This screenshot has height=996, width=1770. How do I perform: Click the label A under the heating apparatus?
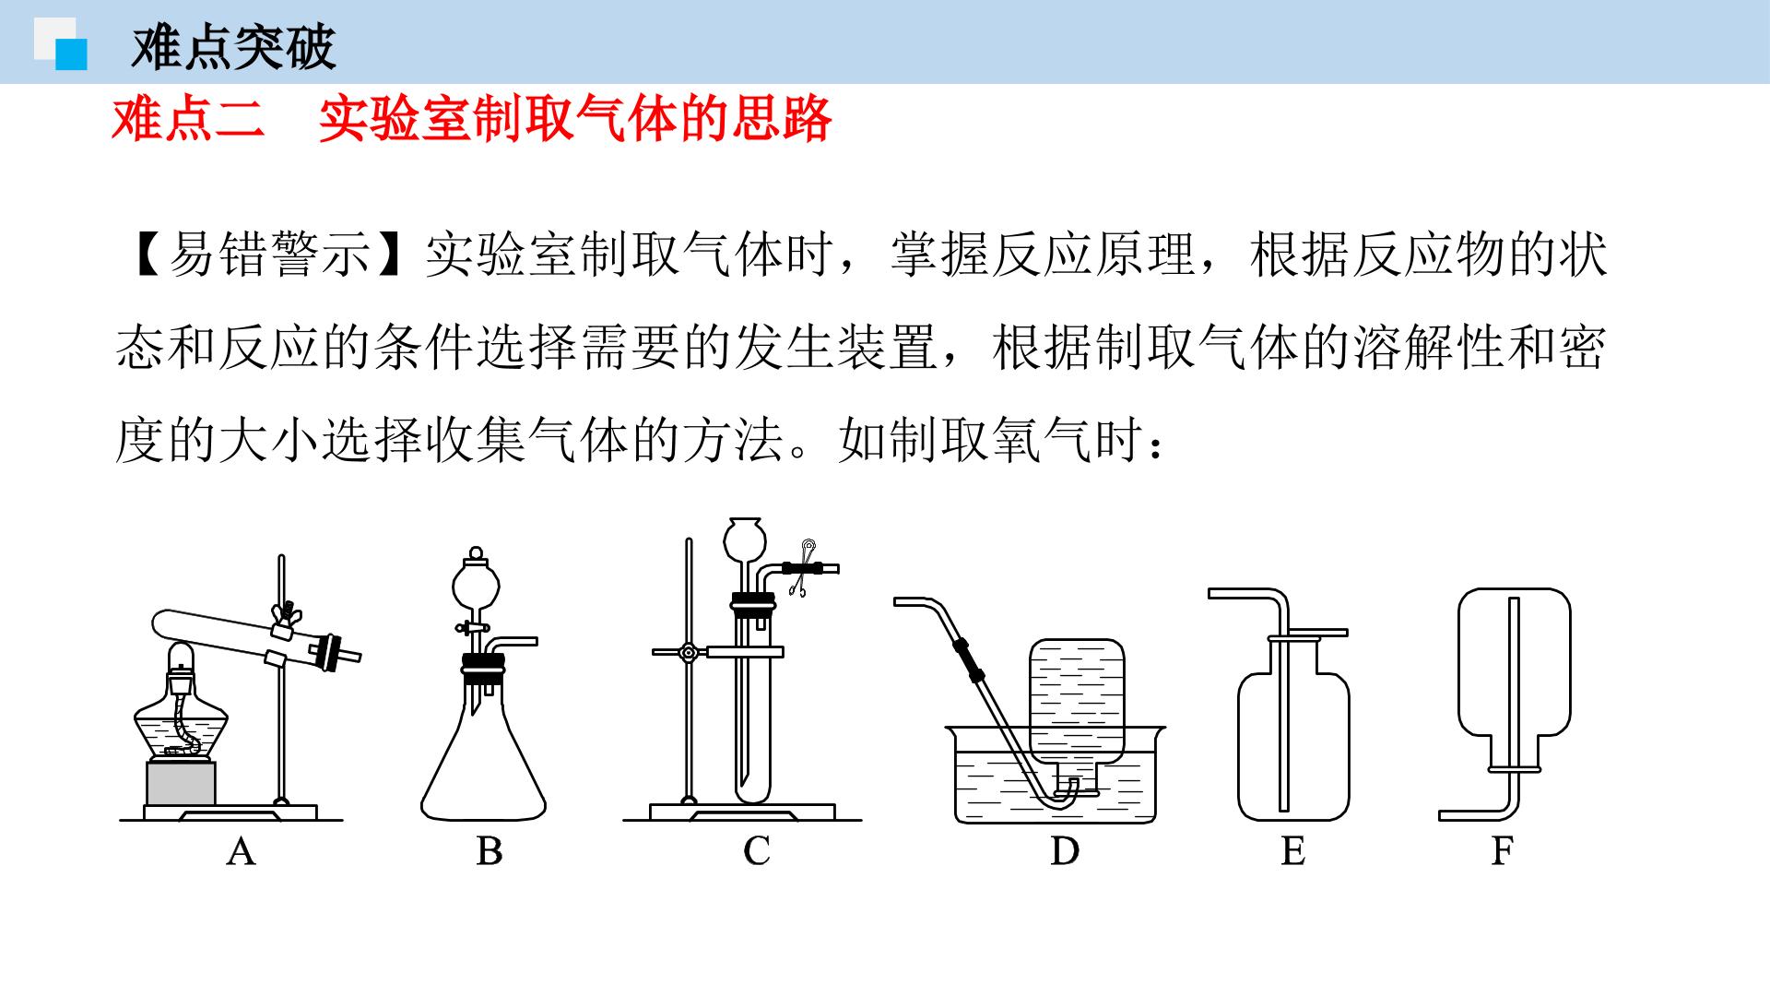tap(241, 850)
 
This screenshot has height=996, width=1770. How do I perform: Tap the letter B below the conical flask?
tap(489, 850)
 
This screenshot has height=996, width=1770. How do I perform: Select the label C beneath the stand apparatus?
tap(756, 850)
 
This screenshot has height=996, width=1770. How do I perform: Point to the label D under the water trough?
tap(1065, 850)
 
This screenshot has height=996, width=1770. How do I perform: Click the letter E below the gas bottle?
tap(1292, 850)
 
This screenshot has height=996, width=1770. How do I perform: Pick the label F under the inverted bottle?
tap(1502, 850)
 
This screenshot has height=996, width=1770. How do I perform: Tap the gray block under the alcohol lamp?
tap(182, 783)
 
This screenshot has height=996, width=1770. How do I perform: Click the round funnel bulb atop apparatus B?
tap(476, 584)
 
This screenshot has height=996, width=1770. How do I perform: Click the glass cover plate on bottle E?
tap(1309, 633)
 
